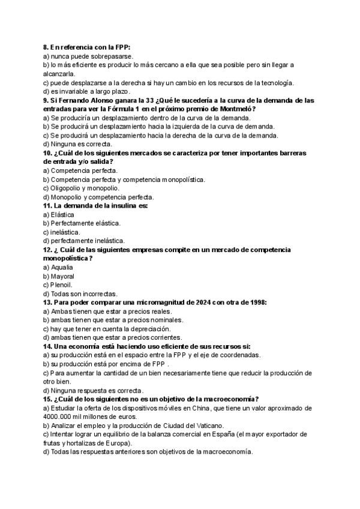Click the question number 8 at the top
(46, 47)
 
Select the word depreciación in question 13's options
(149, 329)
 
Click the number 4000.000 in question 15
(58, 417)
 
